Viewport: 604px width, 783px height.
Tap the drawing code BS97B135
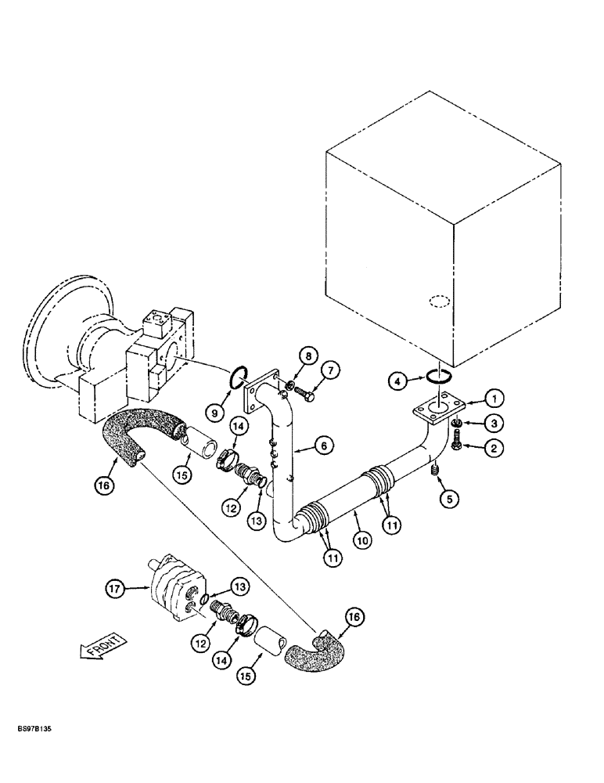30,727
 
